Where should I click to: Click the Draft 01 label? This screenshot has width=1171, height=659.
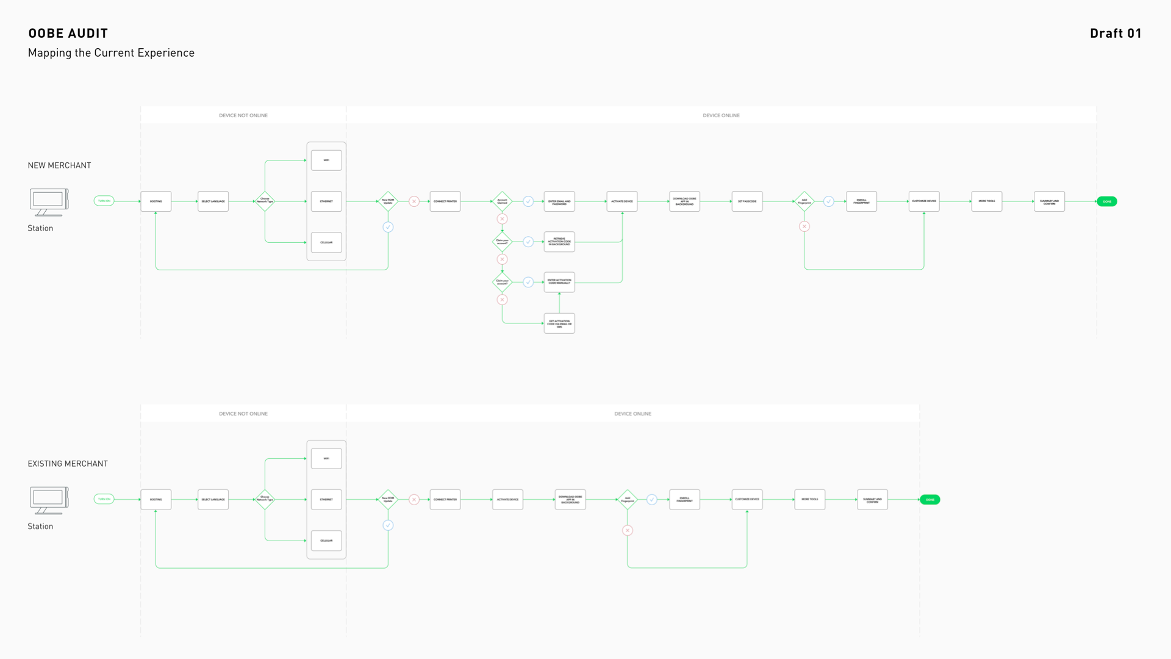point(1115,34)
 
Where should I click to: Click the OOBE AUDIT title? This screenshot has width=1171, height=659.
point(68,34)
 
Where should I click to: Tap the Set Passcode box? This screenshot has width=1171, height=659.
point(747,201)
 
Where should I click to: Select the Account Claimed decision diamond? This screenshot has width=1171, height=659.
point(502,201)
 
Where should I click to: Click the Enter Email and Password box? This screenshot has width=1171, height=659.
point(559,201)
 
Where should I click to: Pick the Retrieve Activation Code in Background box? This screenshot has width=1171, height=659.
point(559,242)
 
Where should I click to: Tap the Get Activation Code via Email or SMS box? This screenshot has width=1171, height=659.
point(559,323)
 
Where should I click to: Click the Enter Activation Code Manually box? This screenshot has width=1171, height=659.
point(559,282)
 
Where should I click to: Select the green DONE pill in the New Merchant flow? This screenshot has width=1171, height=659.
point(1107,201)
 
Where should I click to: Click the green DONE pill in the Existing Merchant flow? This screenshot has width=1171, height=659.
point(930,500)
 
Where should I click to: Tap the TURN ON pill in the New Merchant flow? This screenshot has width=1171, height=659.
point(104,201)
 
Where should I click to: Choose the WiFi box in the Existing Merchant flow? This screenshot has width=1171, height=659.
point(326,458)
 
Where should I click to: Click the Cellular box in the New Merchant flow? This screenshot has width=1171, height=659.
point(326,242)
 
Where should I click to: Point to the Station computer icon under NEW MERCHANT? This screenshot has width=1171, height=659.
point(49,202)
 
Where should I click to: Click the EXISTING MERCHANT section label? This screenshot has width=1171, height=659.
point(68,464)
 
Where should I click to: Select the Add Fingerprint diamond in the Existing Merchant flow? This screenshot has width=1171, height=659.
point(628,500)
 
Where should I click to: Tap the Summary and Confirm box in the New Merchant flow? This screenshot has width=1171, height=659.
point(1049,201)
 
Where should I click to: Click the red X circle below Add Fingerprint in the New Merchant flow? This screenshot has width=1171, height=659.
point(804,226)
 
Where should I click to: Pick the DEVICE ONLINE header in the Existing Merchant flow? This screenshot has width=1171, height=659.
point(632,414)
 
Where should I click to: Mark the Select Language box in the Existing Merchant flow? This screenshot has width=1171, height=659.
point(213,500)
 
